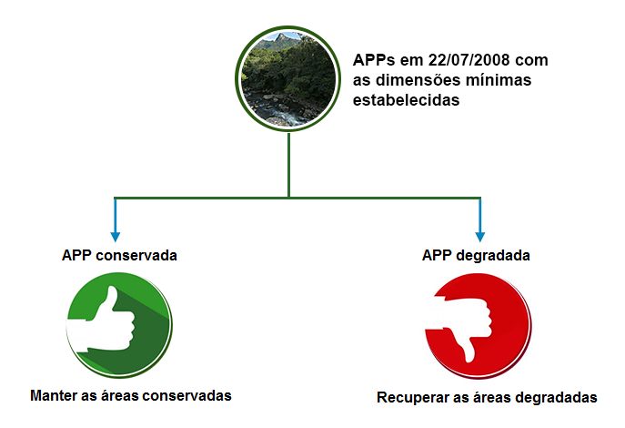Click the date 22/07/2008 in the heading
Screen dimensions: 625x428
point(469,60)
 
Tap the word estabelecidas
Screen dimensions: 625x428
point(406,100)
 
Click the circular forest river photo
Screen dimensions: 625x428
point(287,79)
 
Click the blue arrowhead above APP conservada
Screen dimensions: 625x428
point(116,237)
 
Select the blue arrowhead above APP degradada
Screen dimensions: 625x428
point(480,237)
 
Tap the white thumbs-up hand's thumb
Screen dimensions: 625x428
point(109,299)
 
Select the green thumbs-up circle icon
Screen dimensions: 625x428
point(119,325)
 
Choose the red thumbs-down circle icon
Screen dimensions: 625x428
point(479,326)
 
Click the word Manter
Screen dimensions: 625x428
point(54,396)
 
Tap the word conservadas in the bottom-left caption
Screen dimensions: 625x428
point(186,396)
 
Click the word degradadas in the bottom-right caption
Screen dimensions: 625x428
point(556,398)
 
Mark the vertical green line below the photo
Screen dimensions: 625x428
point(288,165)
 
